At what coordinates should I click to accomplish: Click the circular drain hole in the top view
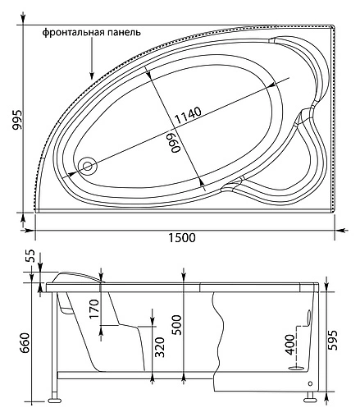click(87, 167)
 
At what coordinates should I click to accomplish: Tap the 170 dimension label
click(94, 309)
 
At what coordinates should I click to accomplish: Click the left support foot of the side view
click(56, 400)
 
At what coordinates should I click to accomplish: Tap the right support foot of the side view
click(310, 400)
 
